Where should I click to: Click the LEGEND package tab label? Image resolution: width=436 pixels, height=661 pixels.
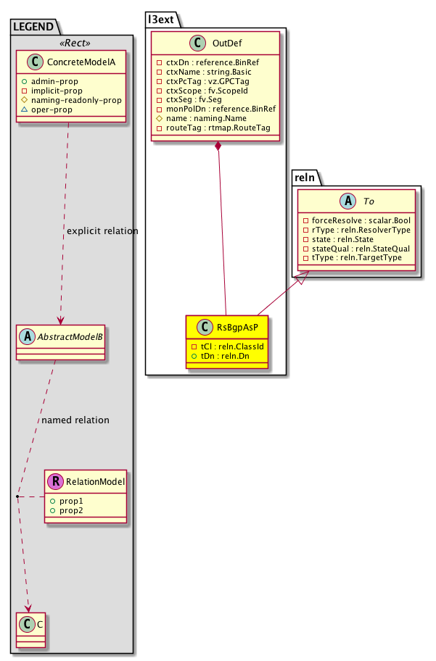[34, 27]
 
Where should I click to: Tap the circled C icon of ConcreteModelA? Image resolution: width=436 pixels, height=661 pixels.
[30, 64]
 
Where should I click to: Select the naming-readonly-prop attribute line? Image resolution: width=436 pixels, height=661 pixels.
[75, 99]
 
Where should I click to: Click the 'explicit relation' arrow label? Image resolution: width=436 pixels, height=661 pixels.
[101, 231]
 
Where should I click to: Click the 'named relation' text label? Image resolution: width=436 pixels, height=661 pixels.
[75, 420]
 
